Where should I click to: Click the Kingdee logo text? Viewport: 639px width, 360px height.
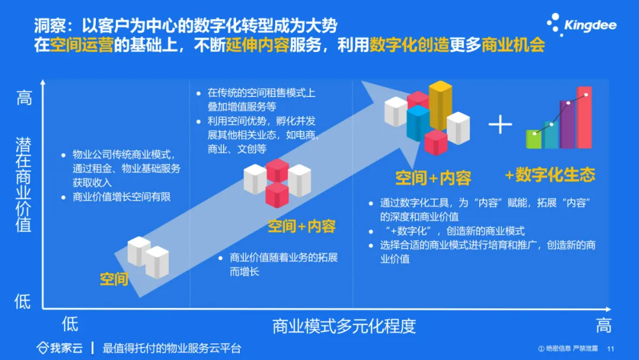tap(590, 25)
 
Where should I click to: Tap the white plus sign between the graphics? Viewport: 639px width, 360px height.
tap(500, 124)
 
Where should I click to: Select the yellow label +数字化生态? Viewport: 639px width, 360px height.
tap(550, 175)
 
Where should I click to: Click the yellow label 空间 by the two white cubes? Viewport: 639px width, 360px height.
tap(114, 279)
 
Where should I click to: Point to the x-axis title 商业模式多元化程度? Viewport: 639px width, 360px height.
tap(344, 326)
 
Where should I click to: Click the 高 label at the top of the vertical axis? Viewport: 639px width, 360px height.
tap(24, 98)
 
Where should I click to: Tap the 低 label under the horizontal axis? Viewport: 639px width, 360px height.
tap(70, 324)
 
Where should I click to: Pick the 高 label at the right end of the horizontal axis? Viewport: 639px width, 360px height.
tap(604, 326)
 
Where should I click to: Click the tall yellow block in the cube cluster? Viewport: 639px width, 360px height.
tap(440, 105)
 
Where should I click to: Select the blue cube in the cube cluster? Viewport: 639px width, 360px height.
tap(418, 123)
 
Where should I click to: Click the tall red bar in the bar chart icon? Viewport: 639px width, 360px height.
tap(585, 117)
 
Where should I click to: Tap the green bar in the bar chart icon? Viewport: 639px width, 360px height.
tap(534, 139)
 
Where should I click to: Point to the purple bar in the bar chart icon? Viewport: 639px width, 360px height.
tap(567, 124)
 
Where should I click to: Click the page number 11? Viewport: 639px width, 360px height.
tap(611, 349)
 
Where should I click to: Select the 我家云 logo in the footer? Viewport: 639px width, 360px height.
tap(60, 348)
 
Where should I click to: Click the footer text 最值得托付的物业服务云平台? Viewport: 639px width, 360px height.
tap(172, 348)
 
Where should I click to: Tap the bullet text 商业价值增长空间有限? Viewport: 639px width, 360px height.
tap(121, 197)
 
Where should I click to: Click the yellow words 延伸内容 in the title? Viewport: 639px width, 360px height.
tap(257, 45)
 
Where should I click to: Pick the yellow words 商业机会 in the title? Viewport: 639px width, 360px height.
tap(514, 45)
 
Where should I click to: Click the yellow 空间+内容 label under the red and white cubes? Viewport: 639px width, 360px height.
tap(302, 226)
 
